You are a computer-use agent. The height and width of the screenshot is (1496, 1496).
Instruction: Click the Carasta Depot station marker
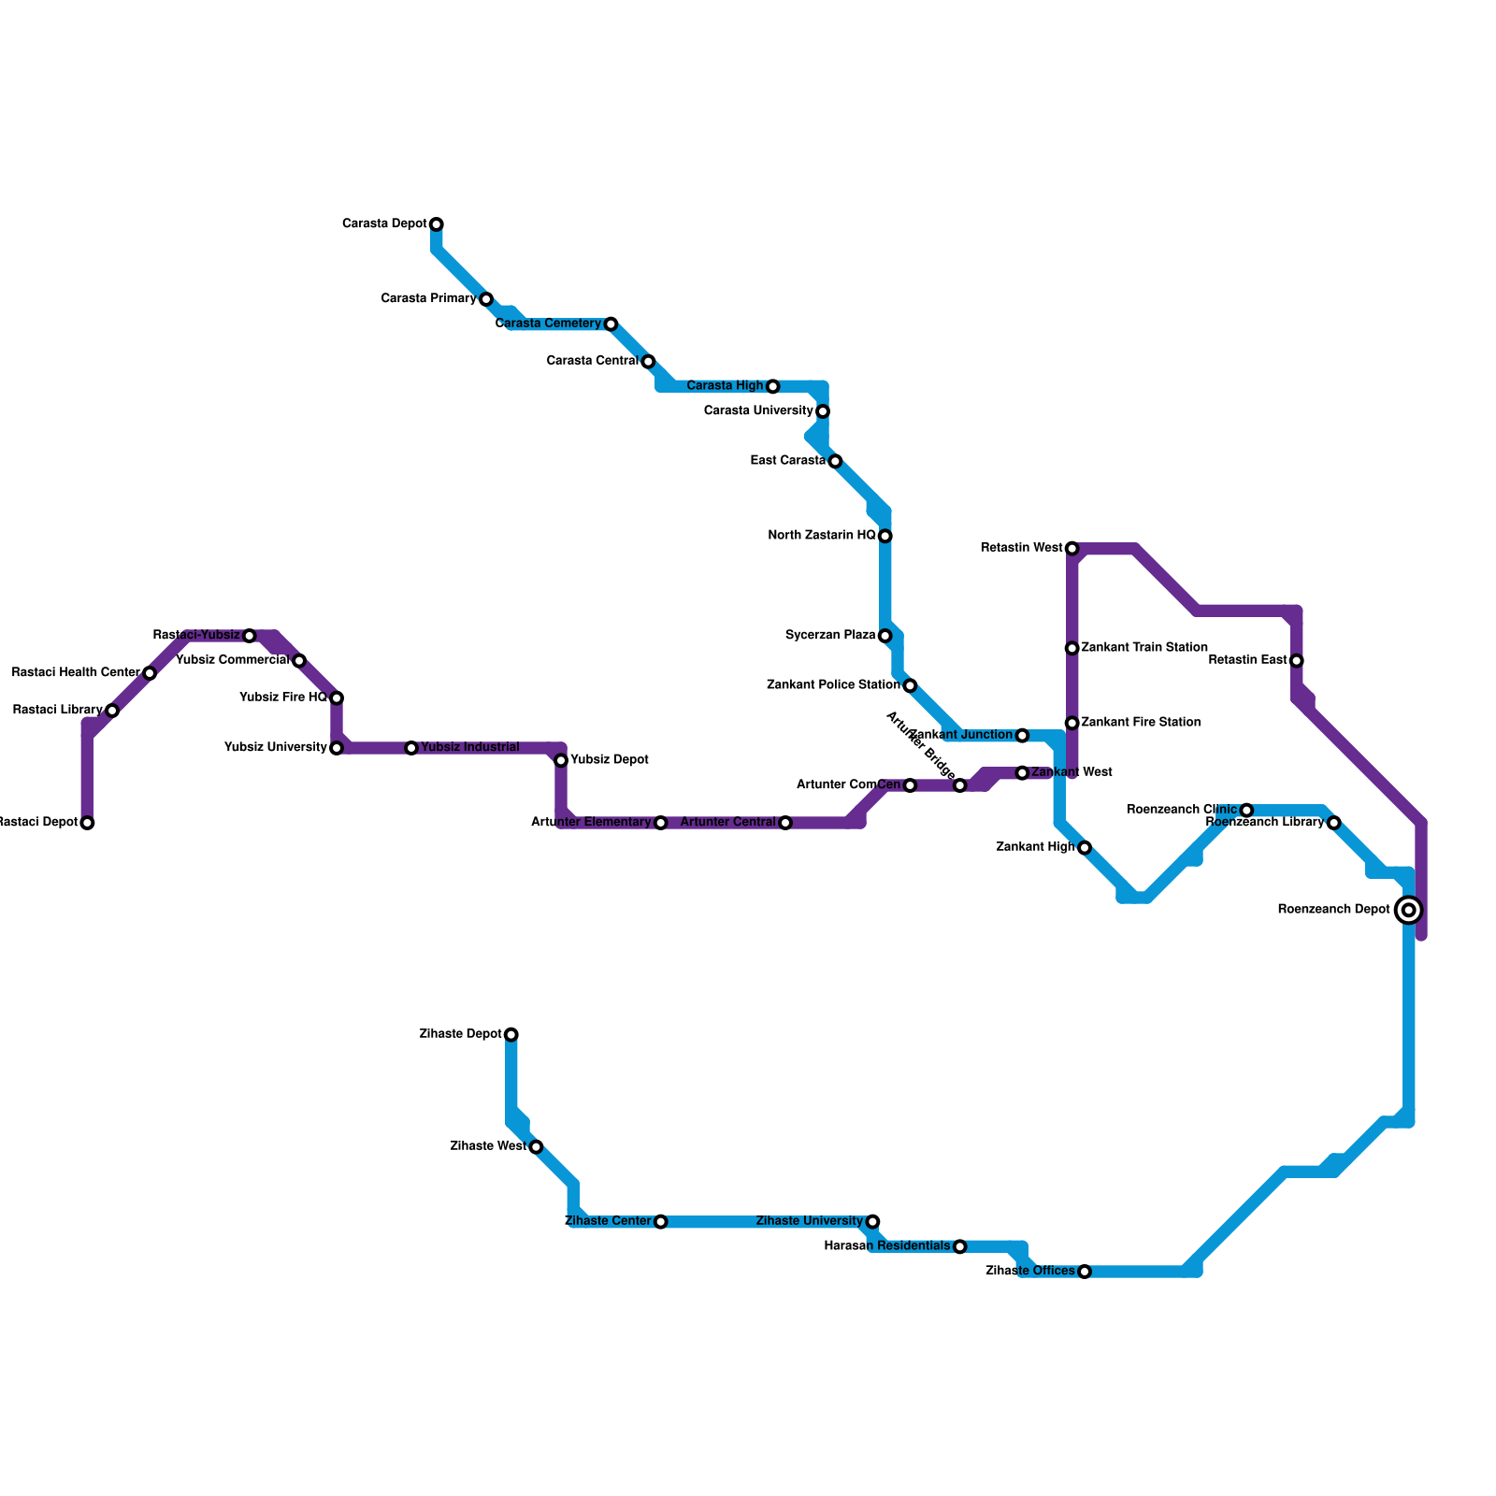click(437, 224)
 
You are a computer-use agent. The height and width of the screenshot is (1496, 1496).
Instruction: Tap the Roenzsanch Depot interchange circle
click(1408, 910)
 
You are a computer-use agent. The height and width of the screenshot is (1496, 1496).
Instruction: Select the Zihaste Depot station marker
click(511, 1034)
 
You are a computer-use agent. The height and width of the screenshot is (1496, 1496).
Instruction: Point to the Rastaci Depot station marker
click(87, 823)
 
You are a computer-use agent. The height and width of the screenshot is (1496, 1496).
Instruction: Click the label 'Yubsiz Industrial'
click(469, 748)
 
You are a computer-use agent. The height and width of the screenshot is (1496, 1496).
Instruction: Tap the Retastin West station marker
click(1072, 548)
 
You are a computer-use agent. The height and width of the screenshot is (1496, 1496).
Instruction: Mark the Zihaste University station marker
click(872, 1221)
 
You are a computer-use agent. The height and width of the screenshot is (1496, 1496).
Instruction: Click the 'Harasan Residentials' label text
click(887, 1246)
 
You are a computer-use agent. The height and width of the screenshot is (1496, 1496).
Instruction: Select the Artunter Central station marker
click(785, 823)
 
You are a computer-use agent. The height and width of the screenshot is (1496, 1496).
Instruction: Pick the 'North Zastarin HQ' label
click(822, 536)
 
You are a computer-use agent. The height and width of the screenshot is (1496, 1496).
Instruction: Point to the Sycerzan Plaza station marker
click(885, 636)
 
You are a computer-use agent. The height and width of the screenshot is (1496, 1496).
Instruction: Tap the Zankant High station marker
click(1085, 848)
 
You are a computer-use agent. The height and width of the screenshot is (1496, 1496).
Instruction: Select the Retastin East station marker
click(1297, 661)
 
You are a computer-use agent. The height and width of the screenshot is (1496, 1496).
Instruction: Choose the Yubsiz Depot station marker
click(561, 760)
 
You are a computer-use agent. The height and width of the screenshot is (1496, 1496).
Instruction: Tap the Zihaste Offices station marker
click(1085, 1272)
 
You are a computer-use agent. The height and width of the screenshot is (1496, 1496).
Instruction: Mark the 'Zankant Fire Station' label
click(1141, 723)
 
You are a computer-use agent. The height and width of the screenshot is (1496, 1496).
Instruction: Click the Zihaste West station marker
click(536, 1147)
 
